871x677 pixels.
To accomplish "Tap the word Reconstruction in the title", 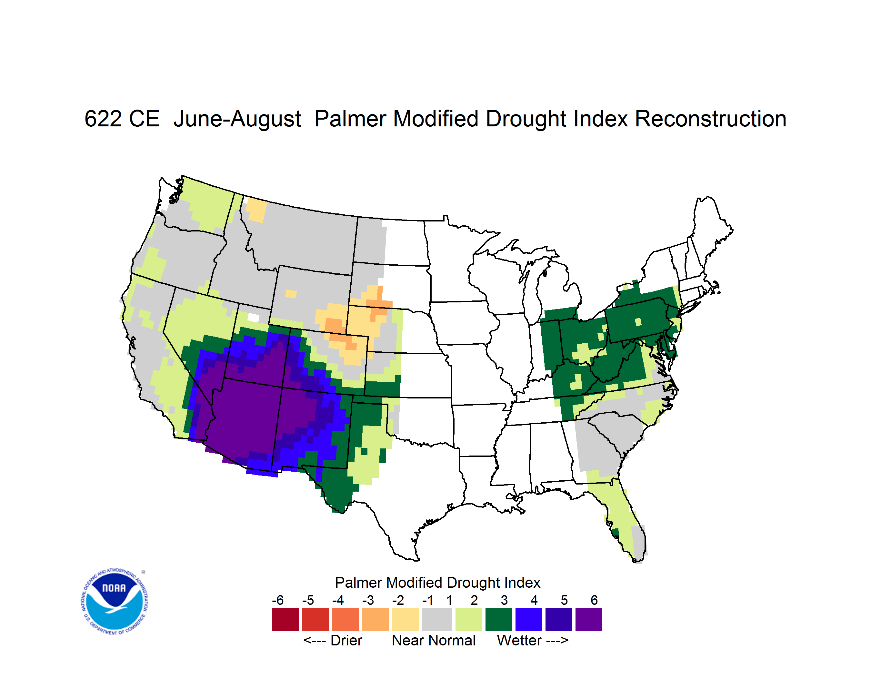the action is (710, 119).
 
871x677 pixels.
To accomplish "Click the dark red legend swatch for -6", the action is (285, 619).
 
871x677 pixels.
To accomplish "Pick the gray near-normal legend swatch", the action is (437, 619).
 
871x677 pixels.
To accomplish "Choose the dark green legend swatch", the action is (498, 619).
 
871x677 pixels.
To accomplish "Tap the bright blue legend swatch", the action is (529, 619).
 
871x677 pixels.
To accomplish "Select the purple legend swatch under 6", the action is (589, 619).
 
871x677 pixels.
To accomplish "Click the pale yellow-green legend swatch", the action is (469, 619).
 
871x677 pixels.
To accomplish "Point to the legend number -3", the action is (368, 600).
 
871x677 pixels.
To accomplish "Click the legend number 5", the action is (564, 600).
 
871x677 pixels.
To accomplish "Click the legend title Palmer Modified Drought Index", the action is (437, 583).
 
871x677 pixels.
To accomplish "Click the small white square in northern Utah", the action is (253, 318).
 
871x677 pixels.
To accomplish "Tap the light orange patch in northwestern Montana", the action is (256, 210).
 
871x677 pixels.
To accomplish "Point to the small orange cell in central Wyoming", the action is (291, 294).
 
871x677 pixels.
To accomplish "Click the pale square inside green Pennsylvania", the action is (638, 322).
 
